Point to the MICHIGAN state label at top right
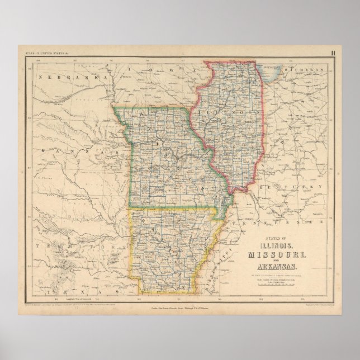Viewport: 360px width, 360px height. (x=304, y=70)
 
